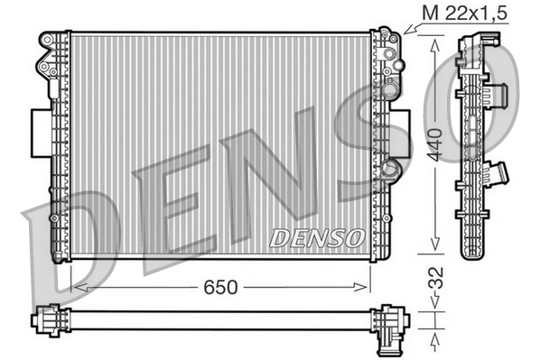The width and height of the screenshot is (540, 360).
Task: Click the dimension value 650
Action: tap(220, 287)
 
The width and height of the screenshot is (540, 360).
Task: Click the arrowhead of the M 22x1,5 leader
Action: tap(407, 32)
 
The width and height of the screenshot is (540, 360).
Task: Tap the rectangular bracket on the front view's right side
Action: tap(403, 131)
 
